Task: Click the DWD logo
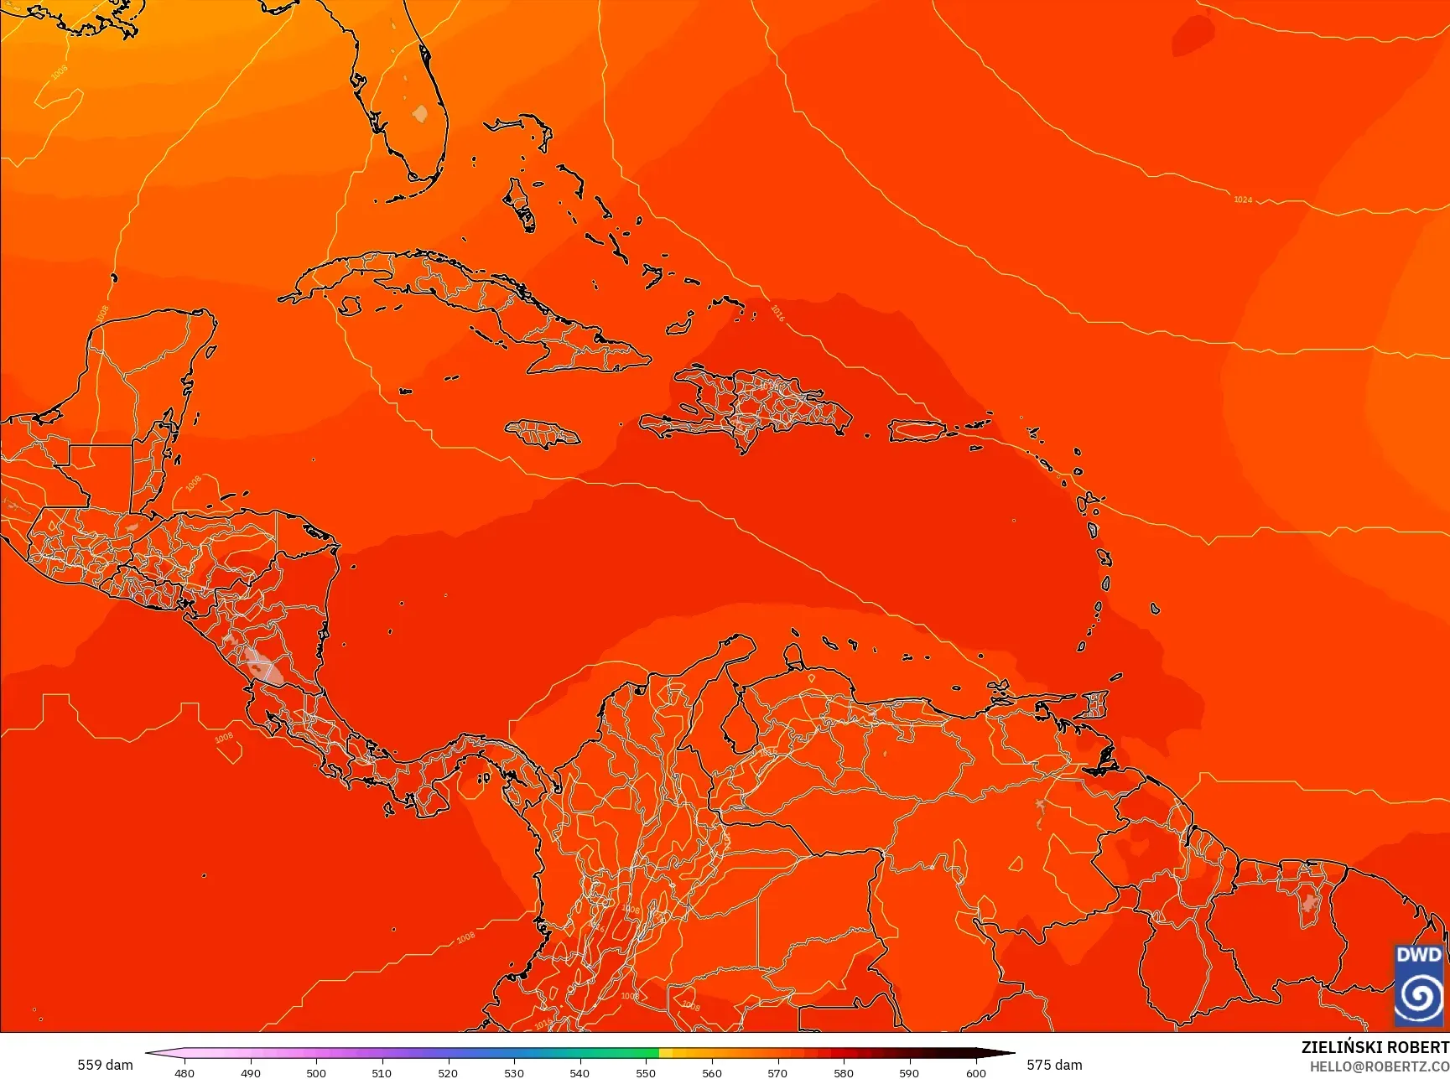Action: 1419,984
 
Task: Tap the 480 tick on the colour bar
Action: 184,1072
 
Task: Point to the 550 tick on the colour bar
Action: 645,1072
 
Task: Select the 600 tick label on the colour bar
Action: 975,1072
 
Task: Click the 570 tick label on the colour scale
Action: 777,1072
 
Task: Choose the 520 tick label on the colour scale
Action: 448,1072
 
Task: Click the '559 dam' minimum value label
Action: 105,1065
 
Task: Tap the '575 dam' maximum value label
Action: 1054,1065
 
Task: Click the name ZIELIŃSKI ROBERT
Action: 1375,1047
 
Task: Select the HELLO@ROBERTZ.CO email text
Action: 1380,1066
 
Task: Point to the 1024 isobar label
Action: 1242,200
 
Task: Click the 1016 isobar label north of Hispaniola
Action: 777,313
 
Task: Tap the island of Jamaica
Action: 543,433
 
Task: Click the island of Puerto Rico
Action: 917,431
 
